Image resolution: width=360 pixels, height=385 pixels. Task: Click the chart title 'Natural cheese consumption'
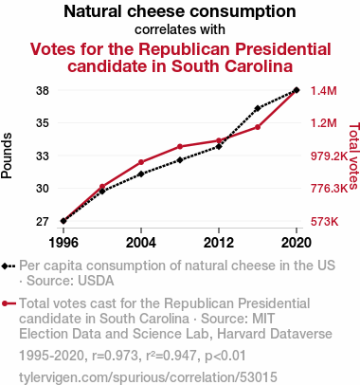180,11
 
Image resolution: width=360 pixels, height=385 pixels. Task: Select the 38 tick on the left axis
43,91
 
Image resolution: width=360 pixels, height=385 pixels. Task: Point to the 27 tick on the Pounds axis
43,222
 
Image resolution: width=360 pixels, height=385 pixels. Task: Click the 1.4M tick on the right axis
324,91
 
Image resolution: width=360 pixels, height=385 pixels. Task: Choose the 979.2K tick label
329,156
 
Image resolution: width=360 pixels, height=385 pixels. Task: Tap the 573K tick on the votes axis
324,222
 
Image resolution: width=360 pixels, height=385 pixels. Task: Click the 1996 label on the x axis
63,243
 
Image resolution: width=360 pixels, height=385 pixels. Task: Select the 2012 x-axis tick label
219,243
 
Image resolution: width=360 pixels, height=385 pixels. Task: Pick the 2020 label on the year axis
297,243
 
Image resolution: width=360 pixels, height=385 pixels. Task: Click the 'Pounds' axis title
7,156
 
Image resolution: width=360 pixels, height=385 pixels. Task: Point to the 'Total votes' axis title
353,156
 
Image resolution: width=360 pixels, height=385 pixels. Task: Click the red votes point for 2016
258,127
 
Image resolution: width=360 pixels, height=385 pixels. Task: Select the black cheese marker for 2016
258,108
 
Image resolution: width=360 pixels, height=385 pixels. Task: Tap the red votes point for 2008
180,146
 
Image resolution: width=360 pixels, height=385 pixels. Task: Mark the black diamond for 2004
141,174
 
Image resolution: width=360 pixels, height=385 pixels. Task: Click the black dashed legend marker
9,266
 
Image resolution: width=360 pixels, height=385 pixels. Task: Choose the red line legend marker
9,303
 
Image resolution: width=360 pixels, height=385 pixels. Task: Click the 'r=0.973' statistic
115,356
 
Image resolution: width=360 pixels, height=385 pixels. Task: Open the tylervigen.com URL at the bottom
148,377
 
